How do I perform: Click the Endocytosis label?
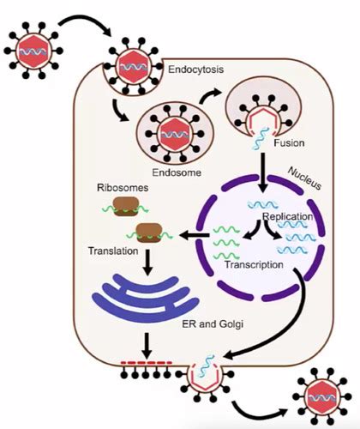pos(195,69)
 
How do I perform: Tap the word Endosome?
pos(177,172)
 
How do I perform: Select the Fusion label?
pos(289,142)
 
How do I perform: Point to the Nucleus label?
pos(304,178)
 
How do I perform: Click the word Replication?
pos(288,216)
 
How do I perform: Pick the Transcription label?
pos(254,264)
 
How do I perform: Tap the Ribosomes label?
pos(123,188)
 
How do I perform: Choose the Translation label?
pos(113,251)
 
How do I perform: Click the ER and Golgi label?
pos(213,324)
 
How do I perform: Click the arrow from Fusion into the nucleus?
pos(262,172)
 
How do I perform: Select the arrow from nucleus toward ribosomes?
pos(195,235)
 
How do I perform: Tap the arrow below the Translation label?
pos(147,263)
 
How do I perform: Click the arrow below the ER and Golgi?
pos(147,346)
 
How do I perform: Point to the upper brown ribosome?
pos(126,206)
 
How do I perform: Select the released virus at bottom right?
pos(322,397)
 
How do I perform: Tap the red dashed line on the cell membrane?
pos(147,363)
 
